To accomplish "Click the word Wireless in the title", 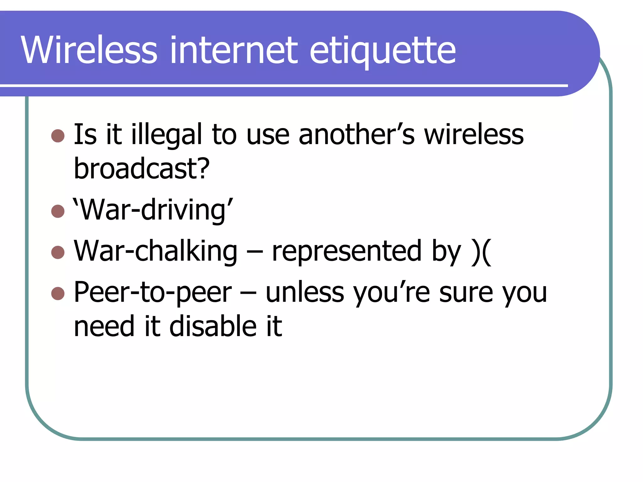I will [89, 50].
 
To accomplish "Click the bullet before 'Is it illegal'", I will [58, 136].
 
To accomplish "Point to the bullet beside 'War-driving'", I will [58, 211].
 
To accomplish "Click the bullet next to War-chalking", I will [58, 252].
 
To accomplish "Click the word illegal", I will [166, 135].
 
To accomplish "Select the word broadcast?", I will [141, 169].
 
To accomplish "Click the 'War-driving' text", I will [153, 210].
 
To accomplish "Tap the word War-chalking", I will [155, 251].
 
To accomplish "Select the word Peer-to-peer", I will [153, 292].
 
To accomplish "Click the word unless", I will [305, 292].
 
